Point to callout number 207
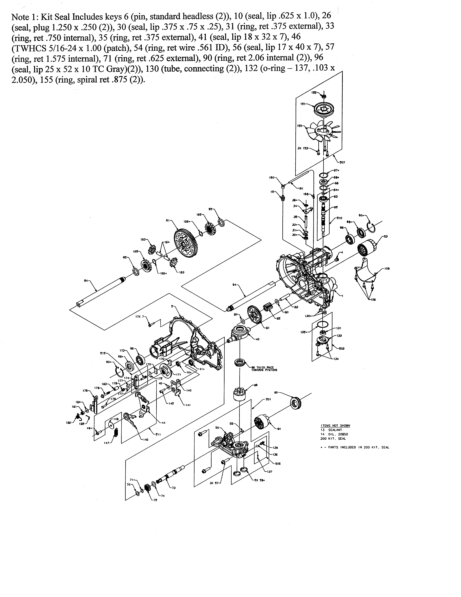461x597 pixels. [342, 162]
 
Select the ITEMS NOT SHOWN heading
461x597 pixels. [335, 425]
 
